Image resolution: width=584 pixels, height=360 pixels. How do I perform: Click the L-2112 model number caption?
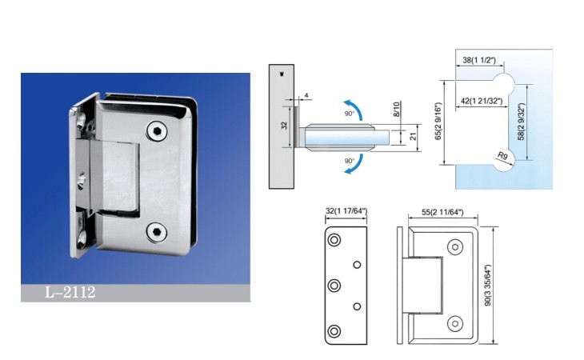70,292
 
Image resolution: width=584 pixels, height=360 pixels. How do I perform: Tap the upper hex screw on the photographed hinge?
157,131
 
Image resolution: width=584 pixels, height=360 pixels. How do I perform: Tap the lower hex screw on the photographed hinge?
157,232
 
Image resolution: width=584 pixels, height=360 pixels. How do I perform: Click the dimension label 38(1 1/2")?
479,60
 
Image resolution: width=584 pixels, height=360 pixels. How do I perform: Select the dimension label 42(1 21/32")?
482,101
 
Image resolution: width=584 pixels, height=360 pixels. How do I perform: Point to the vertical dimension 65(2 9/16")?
438,122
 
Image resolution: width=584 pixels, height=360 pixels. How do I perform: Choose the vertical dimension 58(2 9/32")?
522,122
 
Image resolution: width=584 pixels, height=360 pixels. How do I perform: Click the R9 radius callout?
503,156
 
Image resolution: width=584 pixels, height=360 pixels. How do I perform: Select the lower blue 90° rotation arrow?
353,164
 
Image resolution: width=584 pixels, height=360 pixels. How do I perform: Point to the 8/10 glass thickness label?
396,109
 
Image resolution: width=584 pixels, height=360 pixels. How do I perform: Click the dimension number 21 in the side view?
413,137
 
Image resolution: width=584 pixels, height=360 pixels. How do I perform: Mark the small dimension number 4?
306,96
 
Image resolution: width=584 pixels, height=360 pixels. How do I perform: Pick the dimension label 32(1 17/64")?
346,211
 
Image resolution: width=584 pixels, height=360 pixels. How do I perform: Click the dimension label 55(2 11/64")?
442,212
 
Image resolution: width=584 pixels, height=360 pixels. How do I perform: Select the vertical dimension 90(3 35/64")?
488,285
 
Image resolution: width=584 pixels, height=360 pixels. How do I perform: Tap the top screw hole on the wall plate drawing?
334,240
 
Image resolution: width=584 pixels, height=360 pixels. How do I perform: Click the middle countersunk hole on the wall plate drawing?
334,286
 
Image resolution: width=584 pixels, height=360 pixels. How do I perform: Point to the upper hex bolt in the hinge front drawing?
454,247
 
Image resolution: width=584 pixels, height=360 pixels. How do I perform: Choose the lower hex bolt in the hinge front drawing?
454,324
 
